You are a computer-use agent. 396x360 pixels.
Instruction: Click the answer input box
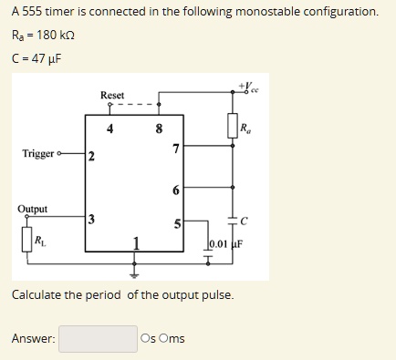click(x=98, y=339)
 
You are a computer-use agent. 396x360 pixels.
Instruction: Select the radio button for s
click(x=146, y=339)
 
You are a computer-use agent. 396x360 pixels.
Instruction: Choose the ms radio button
click(x=164, y=339)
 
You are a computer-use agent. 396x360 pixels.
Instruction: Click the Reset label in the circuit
click(x=112, y=96)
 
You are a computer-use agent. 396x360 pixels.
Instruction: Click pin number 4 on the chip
click(x=110, y=129)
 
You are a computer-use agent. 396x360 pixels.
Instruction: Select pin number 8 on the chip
click(x=160, y=129)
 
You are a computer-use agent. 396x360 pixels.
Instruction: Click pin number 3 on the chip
click(x=91, y=218)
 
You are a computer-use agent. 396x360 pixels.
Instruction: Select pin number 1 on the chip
click(x=136, y=242)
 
